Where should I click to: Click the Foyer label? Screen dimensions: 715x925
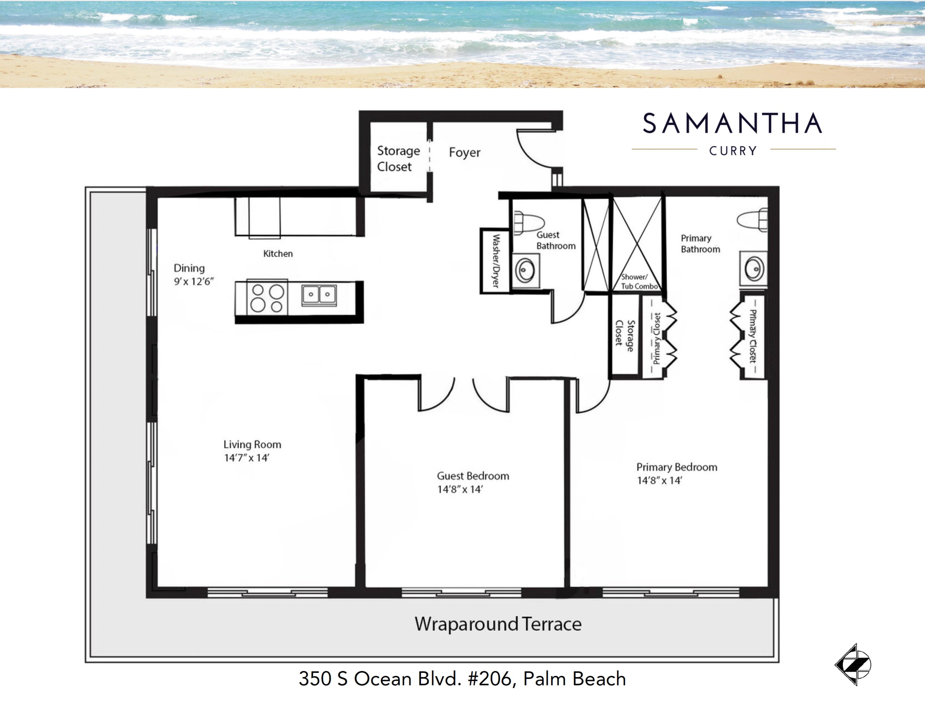tap(465, 152)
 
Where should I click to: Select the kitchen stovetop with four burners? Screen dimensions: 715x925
tap(267, 298)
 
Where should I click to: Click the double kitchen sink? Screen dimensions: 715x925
tap(319, 294)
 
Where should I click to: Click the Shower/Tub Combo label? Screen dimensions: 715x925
tap(639, 282)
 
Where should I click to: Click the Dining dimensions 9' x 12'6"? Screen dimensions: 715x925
tap(194, 282)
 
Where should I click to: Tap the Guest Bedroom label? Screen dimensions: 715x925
tap(473, 476)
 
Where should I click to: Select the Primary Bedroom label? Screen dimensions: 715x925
tap(676, 467)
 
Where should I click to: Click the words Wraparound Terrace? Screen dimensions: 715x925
tap(498, 624)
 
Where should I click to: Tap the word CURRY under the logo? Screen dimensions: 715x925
tap(733, 151)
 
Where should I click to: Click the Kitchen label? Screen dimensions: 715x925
tap(278, 254)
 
